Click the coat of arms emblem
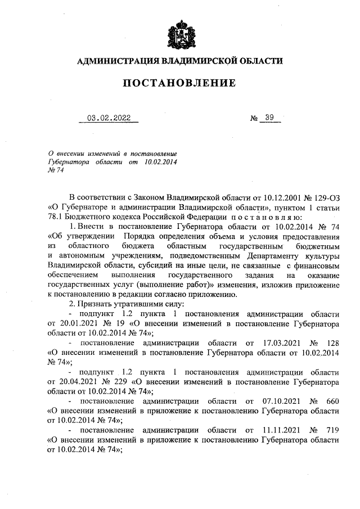coord(179,35)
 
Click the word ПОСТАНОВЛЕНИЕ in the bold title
coord(179,83)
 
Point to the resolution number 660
coord(331,401)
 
